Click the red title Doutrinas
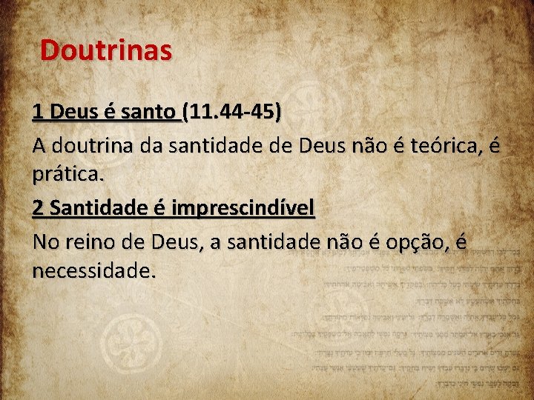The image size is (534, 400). (106, 50)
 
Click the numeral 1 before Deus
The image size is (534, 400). (38, 113)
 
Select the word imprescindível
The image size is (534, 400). (243, 209)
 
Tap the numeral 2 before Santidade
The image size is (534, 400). (38, 209)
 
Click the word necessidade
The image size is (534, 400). (94, 272)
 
